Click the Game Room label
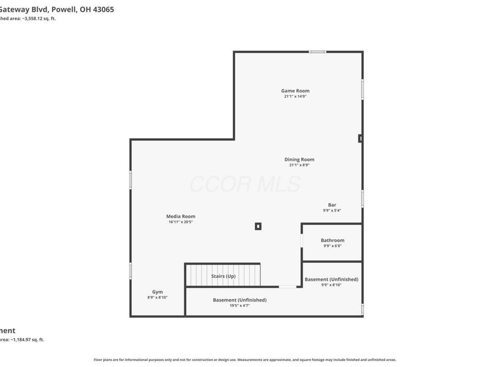click(295, 91)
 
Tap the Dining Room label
click(299, 160)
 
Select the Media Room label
click(181, 216)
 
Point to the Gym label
click(157, 292)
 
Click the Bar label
click(332, 205)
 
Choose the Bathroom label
click(333, 240)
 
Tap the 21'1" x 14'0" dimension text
click(295, 97)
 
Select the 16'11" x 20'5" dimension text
click(181, 222)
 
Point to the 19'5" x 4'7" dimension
click(239, 305)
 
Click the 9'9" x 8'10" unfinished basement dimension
click(331, 285)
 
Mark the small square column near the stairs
click(258, 226)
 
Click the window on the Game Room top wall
click(317, 52)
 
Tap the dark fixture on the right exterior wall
click(361, 139)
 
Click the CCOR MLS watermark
click(245, 183)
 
